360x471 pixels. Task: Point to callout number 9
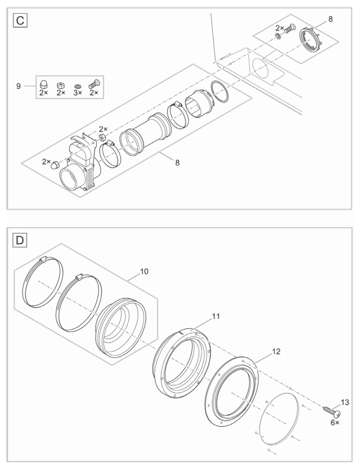(18, 86)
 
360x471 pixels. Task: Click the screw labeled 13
(330, 410)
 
